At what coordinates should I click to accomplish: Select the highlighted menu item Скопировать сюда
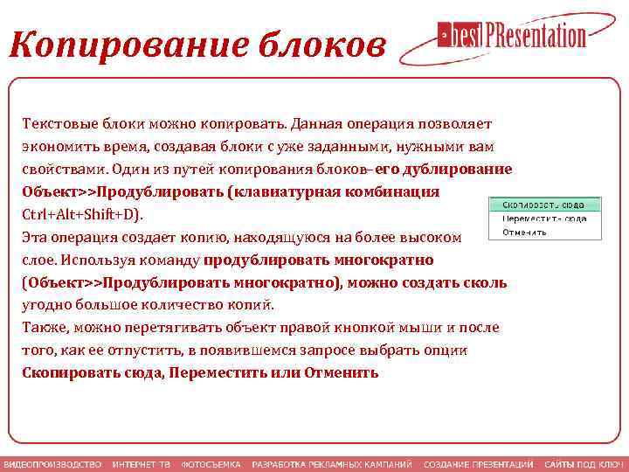tap(543, 205)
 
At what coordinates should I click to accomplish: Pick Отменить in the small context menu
tap(524, 233)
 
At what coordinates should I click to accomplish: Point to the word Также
tap(45, 328)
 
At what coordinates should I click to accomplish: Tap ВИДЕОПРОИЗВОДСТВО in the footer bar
tap(52, 464)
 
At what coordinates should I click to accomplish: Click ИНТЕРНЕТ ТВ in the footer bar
tap(141, 464)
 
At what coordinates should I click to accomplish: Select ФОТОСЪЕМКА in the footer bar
tap(210, 464)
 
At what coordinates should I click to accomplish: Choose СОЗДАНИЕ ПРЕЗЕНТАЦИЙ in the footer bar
tap(478, 464)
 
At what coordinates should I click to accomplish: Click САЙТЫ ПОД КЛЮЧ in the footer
tap(584, 464)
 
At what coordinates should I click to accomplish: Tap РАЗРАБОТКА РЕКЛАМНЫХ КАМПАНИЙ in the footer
tap(332, 464)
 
